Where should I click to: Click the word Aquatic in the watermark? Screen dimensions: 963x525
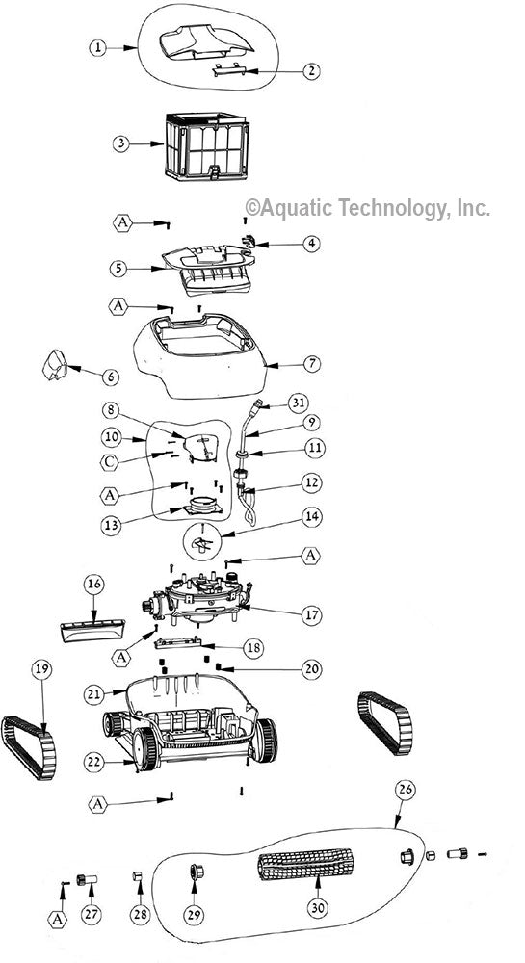coord(295,207)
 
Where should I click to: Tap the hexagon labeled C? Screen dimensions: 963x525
coord(112,460)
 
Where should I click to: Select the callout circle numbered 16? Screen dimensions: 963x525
coord(93,584)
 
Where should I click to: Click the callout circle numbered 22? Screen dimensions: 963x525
coord(92,761)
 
